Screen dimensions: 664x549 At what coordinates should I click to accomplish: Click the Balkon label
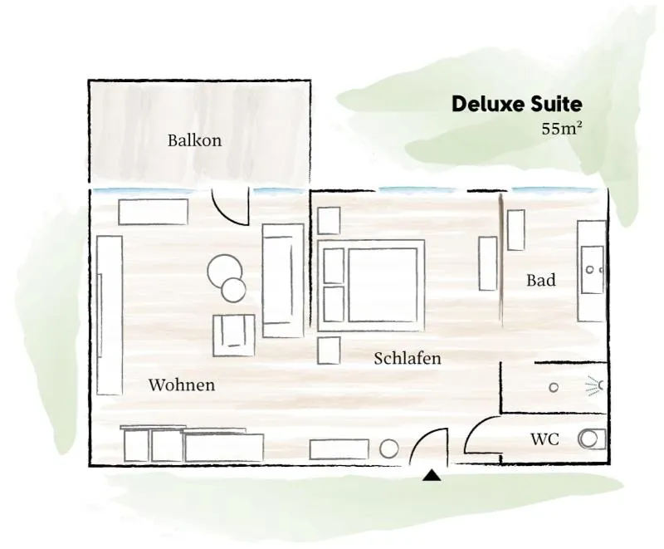click(194, 140)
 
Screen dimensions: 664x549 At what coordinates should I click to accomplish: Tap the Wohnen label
click(182, 385)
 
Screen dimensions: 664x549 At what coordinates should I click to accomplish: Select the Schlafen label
click(408, 358)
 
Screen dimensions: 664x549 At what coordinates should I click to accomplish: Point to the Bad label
click(541, 280)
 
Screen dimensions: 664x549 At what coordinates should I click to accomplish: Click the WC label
click(545, 439)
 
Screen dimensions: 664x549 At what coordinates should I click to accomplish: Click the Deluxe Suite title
click(516, 104)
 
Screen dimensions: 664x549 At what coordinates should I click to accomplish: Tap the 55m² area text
click(562, 129)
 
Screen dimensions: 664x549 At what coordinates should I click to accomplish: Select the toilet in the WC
click(592, 439)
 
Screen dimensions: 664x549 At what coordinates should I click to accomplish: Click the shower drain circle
click(554, 387)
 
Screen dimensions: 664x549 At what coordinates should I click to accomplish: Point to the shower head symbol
click(595, 385)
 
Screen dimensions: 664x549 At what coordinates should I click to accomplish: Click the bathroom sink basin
click(592, 270)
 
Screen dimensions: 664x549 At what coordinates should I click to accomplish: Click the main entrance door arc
click(418, 440)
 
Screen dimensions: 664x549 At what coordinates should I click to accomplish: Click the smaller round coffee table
click(233, 290)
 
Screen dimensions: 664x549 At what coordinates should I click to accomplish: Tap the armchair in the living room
click(234, 335)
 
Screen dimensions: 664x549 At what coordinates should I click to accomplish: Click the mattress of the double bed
click(383, 285)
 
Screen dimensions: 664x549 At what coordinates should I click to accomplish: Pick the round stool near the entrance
click(388, 449)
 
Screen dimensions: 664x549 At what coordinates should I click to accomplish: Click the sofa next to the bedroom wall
click(283, 281)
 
